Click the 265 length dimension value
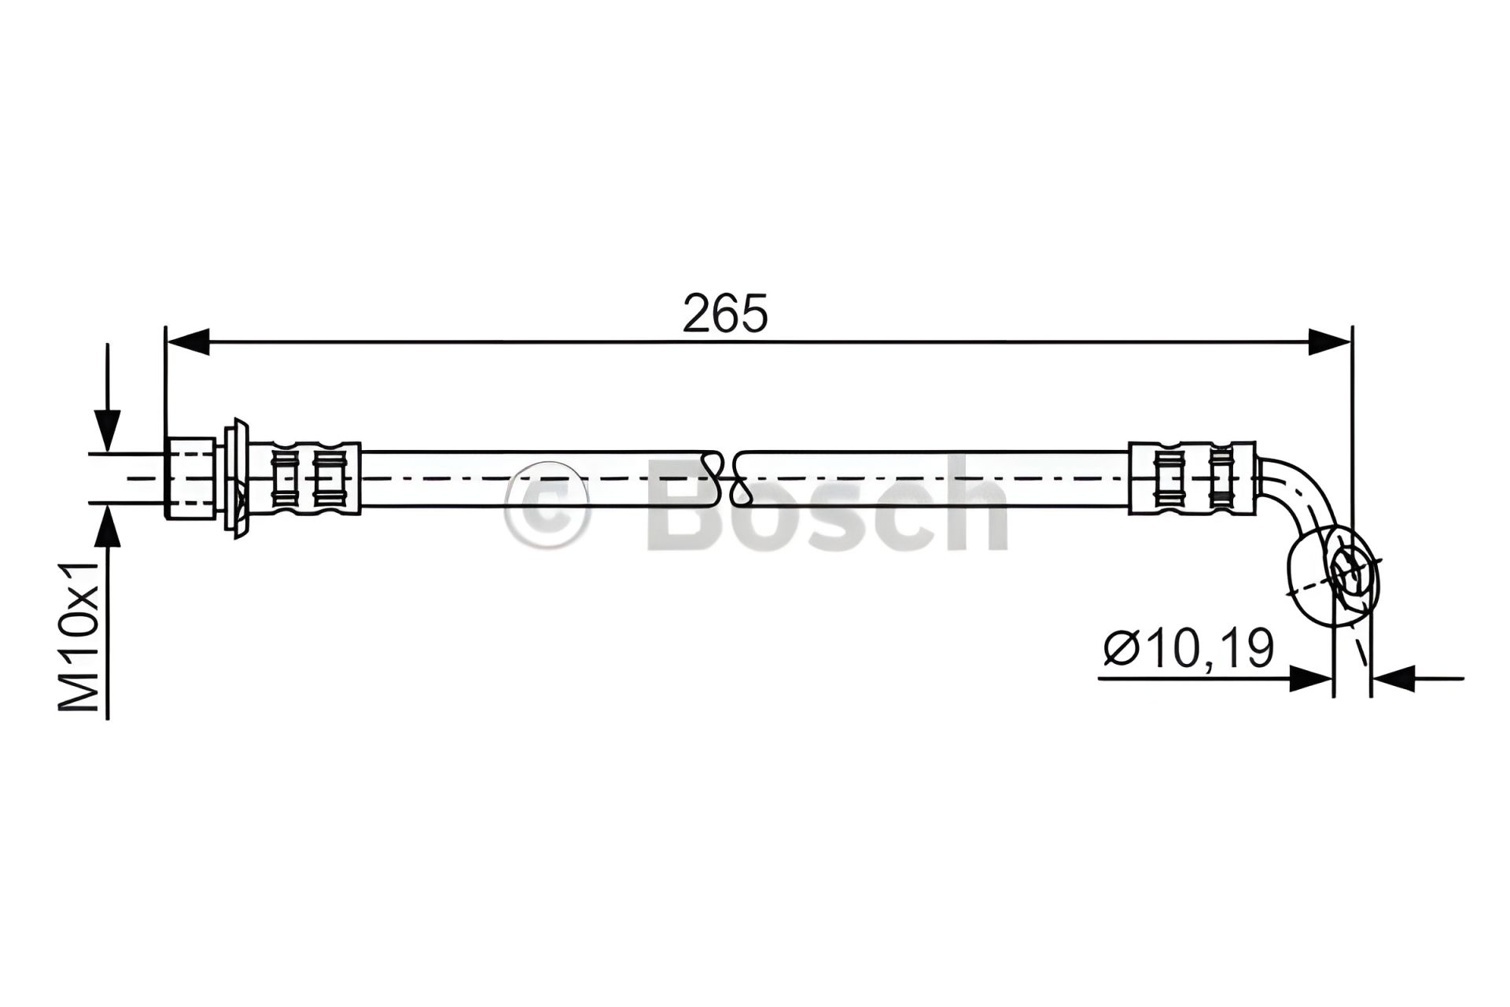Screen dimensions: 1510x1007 [x=724, y=314]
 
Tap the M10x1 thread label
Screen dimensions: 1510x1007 [x=80, y=636]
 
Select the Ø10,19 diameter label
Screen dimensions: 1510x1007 [x=1188, y=649]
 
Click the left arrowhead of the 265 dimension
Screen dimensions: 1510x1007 [x=188, y=342]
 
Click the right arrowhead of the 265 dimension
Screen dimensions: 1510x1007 [x=1330, y=342]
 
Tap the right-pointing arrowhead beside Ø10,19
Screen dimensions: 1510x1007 [x=1311, y=678]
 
